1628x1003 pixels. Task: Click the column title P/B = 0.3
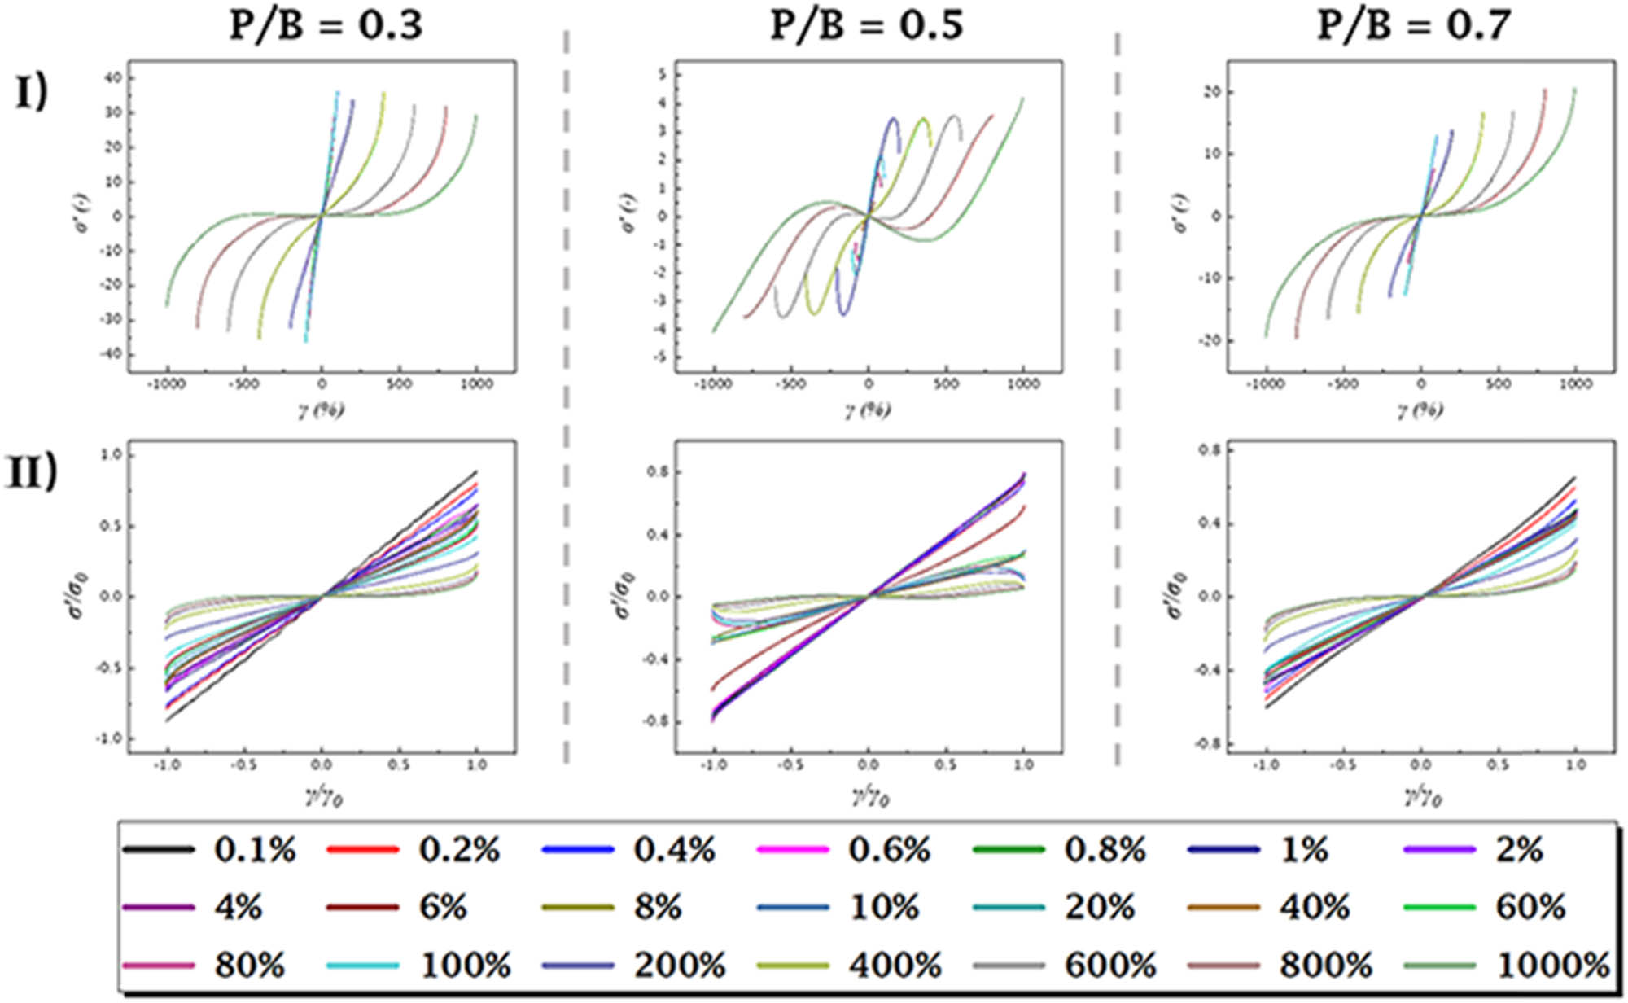click(x=326, y=24)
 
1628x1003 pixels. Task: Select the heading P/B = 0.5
click(x=867, y=24)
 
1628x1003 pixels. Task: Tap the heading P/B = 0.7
click(x=1414, y=24)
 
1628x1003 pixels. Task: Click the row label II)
click(x=33, y=473)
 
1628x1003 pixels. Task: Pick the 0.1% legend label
click(x=255, y=850)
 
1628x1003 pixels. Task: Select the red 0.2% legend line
click(x=363, y=850)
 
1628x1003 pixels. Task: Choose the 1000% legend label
click(x=1553, y=966)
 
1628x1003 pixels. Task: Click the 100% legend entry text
click(x=465, y=966)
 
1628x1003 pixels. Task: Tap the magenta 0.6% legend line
click(x=793, y=850)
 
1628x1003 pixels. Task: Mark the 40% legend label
click(x=1315, y=907)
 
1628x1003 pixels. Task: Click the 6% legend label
click(x=443, y=907)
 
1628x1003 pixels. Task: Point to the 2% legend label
click(x=1519, y=850)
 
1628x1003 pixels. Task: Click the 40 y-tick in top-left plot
click(x=111, y=78)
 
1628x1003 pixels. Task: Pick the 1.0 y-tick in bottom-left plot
click(x=110, y=455)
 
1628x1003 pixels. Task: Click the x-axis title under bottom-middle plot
click(x=870, y=798)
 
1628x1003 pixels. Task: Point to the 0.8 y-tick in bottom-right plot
click(x=1209, y=450)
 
